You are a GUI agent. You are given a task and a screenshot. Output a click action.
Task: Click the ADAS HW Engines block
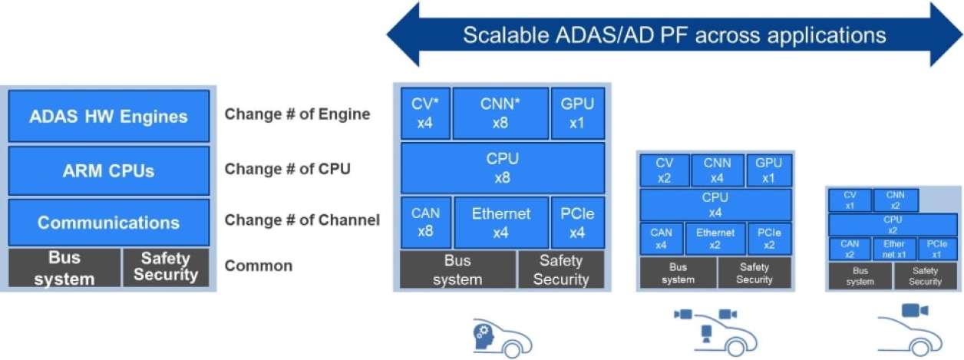point(108,117)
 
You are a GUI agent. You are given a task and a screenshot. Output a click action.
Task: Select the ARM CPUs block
point(108,170)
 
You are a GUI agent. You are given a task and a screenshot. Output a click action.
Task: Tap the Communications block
point(108,223)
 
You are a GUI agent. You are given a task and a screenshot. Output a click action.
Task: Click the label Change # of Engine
point(297,114)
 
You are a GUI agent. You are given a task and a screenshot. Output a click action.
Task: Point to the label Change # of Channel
point(302,220)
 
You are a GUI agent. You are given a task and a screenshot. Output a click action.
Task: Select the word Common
point(258,266)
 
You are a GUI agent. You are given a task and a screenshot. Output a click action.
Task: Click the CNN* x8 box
point(500,114)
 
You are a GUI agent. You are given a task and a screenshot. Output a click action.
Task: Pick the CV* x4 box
point(425,114)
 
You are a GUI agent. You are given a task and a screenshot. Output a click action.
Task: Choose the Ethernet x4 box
point(500,223)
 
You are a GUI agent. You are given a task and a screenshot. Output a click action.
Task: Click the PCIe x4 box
point(577,223)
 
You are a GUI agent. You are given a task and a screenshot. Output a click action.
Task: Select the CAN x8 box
point(425,223)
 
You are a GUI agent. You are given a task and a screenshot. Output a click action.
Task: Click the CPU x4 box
point(715,205)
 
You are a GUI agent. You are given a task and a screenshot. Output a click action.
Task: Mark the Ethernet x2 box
point(715,239)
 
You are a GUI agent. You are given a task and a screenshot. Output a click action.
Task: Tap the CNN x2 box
point(896,200)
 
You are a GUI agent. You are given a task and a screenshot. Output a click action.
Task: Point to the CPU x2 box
point(893,224)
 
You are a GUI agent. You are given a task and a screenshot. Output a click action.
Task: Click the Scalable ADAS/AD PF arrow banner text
point(674,35)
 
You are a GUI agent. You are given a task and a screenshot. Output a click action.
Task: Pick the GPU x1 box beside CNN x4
point(768,170)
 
